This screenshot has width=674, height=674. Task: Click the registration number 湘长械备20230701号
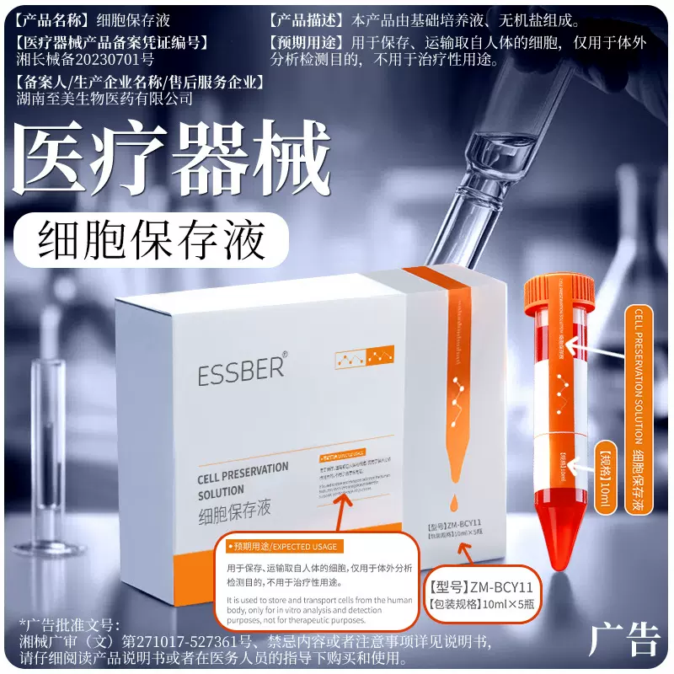tap(86, 61)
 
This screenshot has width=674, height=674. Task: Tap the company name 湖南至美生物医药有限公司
tap(104, 99)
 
